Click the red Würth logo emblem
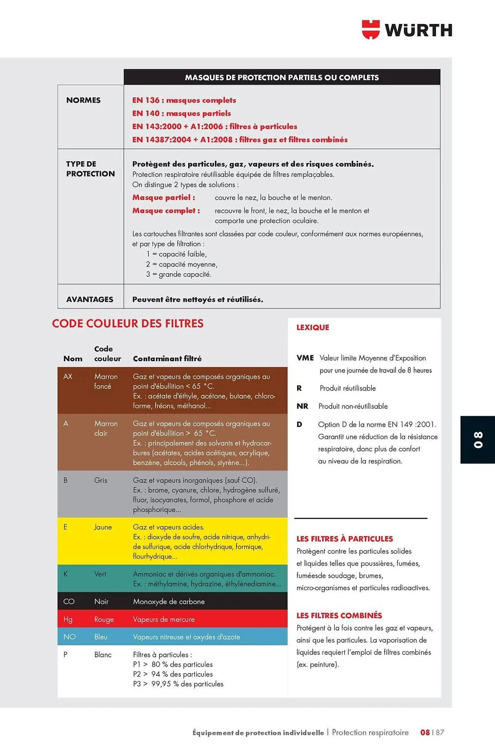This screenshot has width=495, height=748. [370, 30]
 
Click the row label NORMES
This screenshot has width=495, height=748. [83, 100]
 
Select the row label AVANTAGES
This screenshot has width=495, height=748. [89, 299]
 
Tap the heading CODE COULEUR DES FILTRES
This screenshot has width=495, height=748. [128, 324]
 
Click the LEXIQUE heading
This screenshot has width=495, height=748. [312, 327]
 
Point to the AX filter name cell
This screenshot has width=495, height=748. [68, 377]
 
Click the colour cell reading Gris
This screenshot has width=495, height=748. [101, 480]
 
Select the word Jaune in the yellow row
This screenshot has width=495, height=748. [103, 527]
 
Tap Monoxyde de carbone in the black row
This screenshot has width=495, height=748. [169, 601]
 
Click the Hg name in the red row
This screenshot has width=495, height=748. [68, 619]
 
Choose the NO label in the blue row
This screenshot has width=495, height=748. [69, 637]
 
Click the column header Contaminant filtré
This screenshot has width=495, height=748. [167, 359]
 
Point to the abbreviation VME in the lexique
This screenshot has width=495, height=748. [305, 358]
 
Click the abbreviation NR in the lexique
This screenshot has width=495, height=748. [302, 406]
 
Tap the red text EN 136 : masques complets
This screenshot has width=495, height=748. [184, 100]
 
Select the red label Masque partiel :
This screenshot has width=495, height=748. [164, 197]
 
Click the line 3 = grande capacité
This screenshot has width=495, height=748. [178, 275]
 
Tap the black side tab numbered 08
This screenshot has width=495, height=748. [478, 439]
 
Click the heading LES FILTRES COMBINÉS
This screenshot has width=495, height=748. [339, 616]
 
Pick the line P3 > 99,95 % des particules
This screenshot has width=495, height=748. [178, 684]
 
